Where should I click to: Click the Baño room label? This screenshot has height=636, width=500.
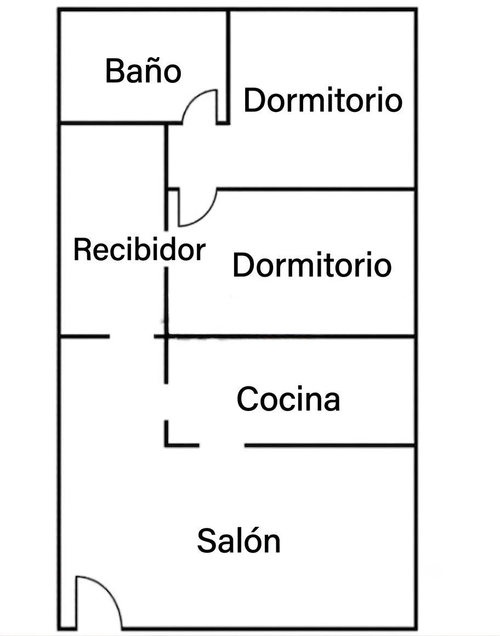[x=143, y=71]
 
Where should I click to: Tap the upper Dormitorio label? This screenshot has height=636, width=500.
[x=323, y=100]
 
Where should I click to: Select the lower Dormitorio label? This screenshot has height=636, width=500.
[x=312, y=264]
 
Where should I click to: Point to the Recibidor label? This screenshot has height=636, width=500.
[x=139, y=250]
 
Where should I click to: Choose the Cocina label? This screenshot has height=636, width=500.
[x=288, y=399]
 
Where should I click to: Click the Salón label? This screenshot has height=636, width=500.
[x=238, y=540]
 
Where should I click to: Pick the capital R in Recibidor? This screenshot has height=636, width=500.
[x=82, y=250]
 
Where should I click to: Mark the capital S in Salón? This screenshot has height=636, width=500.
[x=207, y=541]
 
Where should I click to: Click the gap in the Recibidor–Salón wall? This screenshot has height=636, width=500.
[x=132, y=336]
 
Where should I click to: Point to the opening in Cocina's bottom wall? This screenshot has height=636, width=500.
[x=222, y=445]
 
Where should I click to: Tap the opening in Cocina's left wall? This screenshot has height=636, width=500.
[x=166, y=402]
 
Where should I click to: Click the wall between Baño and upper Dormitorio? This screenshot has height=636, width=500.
[x=228, y=66]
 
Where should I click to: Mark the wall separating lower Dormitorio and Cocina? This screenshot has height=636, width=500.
[x=291, y=336]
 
